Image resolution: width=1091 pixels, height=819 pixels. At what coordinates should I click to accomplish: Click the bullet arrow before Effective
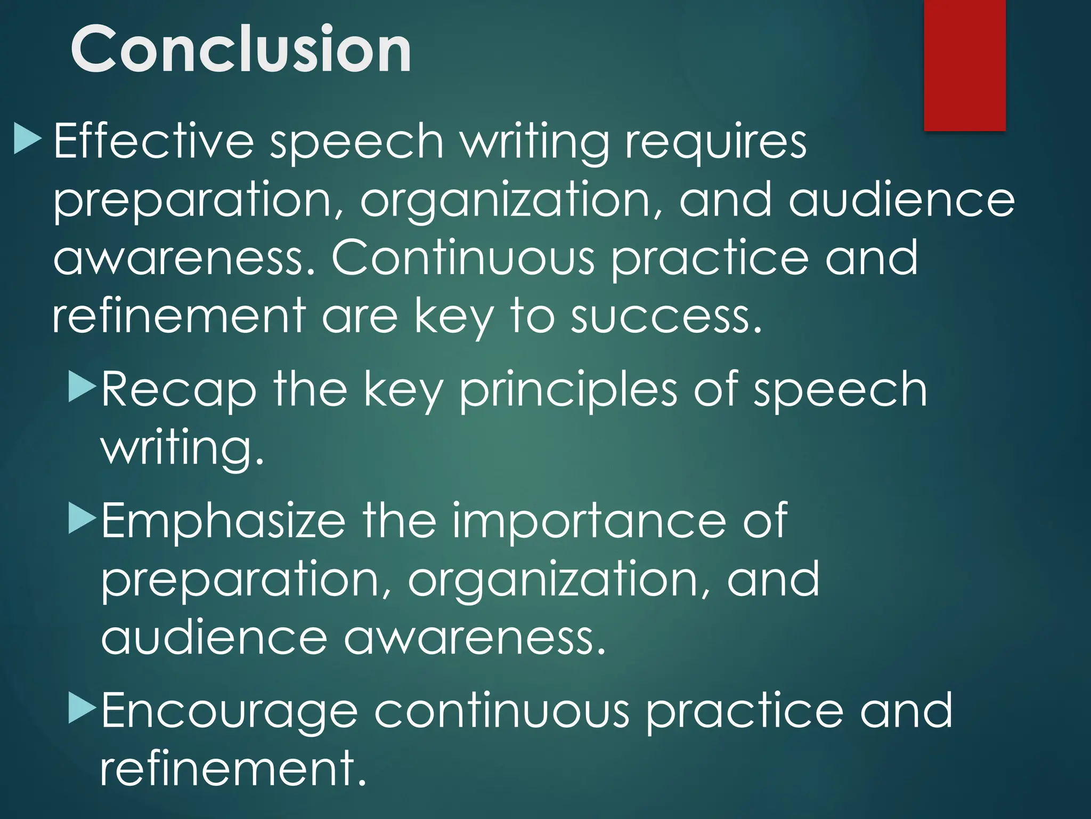pos(27,140)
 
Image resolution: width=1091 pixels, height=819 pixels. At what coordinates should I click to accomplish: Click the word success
pos(666,316)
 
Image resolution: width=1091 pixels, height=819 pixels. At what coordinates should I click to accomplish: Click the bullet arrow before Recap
pos(82,388)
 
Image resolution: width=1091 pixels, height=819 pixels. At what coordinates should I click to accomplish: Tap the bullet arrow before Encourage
pos(82,709)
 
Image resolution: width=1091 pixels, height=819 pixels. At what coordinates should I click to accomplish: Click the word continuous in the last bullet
pos(502,711)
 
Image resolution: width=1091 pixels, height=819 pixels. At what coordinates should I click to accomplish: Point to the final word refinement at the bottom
pos(233,768)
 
